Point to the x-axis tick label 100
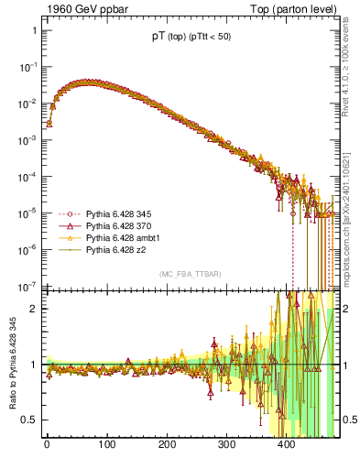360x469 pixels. pos(106,446)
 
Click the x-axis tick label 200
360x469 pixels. pos(167,446)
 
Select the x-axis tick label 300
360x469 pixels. pos(227,446)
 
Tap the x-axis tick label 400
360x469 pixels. pos(288,446)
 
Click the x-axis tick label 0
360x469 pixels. pos(47,446)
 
